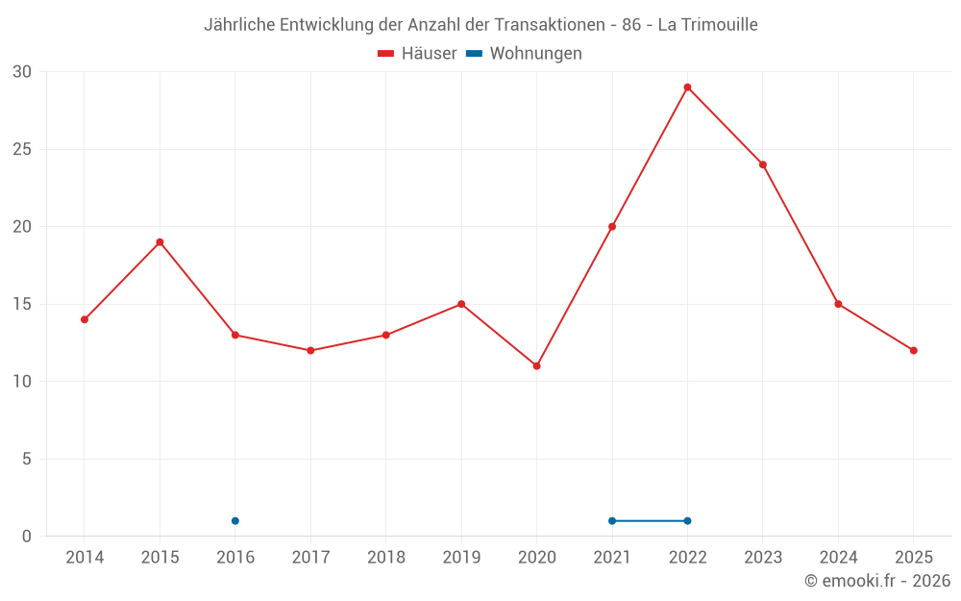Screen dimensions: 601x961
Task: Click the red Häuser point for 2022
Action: [x=687, y=88]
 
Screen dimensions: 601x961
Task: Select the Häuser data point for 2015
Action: [x=160, y=242]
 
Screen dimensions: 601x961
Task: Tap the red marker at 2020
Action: [x=536, y=365]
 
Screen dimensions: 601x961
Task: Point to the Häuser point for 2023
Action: [x=763, y=164]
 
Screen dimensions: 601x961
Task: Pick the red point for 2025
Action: [x=913, y=350]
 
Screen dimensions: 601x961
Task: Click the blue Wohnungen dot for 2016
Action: [x=235, y=521]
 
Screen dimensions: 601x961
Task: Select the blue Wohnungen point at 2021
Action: [x=612, y=521]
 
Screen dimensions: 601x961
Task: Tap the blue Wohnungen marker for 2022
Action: [x=687, y=521]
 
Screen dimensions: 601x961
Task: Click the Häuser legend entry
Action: [x=417, y=54]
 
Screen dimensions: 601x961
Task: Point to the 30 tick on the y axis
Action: [x=22, y=72]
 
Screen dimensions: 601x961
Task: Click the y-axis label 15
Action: [x=22, y=304]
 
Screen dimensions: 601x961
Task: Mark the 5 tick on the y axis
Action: [x=27, y=459]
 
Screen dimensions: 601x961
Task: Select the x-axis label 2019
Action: [x=461, y=558]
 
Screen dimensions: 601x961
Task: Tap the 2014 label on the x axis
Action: [x=85, y=558]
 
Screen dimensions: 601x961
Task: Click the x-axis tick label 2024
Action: [x=838, y=558]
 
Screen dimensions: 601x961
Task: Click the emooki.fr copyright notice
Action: [x=877, y=581]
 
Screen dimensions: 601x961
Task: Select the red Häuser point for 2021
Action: [x=612, y=227]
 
